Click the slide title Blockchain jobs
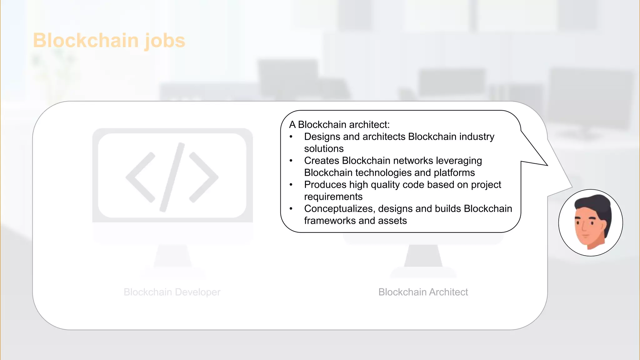point(109,41)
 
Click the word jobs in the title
point(165,41)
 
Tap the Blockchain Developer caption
point(172,292)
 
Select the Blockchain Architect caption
point(423,292)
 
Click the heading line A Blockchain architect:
point(339,125)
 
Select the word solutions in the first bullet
point(324,149)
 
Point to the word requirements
point(333,197)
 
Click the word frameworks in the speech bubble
point(330,221)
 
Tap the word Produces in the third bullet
point(325,185)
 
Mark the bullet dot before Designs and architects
point(291,137)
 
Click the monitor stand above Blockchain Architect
point(423,256)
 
